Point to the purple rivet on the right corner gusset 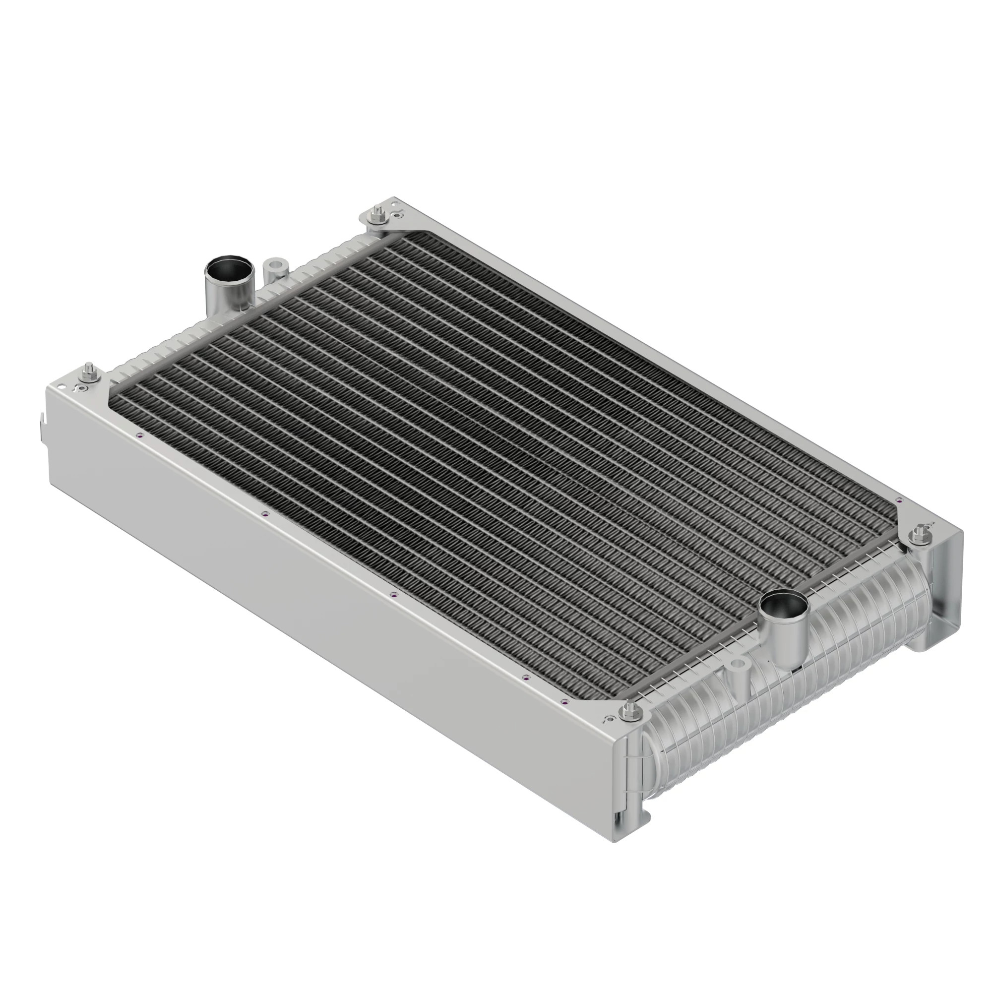coord(898,500)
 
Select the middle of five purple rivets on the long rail coord(394,595)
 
